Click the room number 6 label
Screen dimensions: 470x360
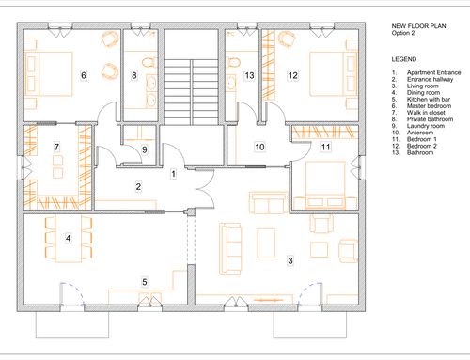coord(84,75)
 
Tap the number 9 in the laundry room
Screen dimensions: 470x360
coord(145,149)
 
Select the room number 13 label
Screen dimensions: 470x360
coord(249,75)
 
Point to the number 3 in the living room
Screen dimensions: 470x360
coord(290,260)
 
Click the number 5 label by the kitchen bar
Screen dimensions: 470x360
coord(145,282)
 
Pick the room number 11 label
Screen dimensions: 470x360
coord(325,147)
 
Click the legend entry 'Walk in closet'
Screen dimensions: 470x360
coord(426,113)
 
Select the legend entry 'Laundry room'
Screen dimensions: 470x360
coord(426,126)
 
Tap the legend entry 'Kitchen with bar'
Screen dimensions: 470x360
coord(429,100)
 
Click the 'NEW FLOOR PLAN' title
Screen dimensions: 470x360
coord(418,26)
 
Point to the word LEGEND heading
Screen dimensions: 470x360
coord(404,59)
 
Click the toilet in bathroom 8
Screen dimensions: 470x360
coord(149,62)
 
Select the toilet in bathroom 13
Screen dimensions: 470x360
coord(233,62)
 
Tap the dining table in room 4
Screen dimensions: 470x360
coord(69,239)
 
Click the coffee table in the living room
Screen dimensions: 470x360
coord(266,243)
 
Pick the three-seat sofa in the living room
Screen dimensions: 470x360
coord(230,249)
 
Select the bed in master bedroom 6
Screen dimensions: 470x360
coord(49,73)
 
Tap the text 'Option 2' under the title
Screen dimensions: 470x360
coord(403,33)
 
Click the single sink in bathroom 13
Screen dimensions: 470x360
coord(231,83)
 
